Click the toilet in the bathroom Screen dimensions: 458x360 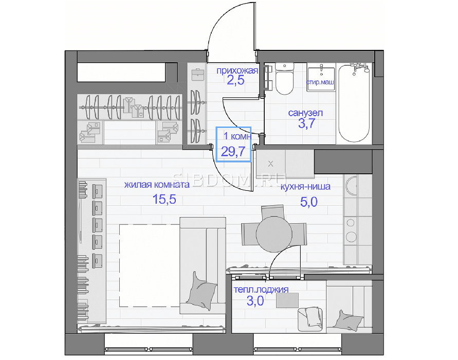point(284,78)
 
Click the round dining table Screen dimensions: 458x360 point(274,234)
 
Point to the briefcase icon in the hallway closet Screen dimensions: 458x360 point(197,74)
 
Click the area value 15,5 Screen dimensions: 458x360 point(164,200)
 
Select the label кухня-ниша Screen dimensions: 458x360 point(305,186)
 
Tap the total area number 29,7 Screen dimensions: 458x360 point(233,151)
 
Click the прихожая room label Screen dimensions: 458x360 point(237,70)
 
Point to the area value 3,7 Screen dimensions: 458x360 point(306,123)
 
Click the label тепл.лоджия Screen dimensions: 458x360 point(261,290)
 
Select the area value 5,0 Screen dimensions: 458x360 point(309,202)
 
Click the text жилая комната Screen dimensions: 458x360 point(157,185)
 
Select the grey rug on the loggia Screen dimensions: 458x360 point(287,300)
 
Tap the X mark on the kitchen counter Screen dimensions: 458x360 point(270,164)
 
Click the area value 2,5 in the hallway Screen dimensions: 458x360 point(235,80)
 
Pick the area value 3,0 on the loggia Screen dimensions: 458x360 point(255,301)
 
